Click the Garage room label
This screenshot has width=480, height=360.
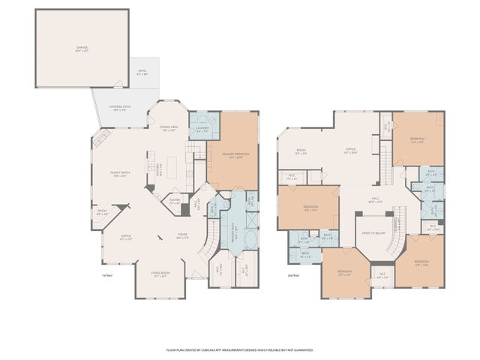click(x=81, y=49)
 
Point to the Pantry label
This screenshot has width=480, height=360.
click(x=175, y=201)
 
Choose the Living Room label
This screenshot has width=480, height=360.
click(x=160, y=274)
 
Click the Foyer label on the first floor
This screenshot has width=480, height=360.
click(x=182, y=235)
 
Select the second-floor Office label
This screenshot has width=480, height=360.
click(x=350, y=150)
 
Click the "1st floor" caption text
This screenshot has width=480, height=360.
click(x=106, y=274)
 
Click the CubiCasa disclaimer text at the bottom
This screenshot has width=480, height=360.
click(x=239, y=350)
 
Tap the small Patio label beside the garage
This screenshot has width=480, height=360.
click(x=142, y=73)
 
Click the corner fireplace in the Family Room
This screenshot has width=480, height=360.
click(x=102, y=139)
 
